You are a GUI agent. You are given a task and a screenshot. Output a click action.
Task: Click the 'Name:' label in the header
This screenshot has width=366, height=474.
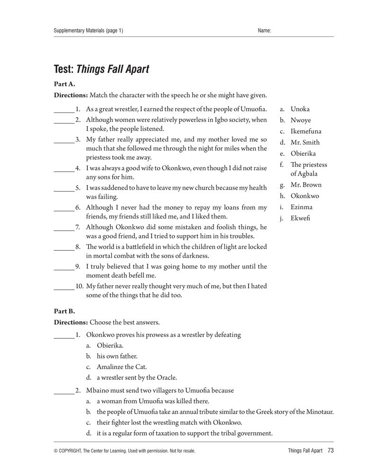[264, 31]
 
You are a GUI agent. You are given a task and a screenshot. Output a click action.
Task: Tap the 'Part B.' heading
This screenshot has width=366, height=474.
[64, 312]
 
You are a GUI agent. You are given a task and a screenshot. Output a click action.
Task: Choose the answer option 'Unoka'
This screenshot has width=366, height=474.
[300, 109]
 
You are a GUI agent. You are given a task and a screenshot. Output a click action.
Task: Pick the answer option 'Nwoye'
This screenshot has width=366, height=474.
[300, 120]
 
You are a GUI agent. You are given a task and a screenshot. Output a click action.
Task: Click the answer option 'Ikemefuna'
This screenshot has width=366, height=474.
[306, 131]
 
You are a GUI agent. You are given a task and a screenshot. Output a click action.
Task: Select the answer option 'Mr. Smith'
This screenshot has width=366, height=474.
[305, 142]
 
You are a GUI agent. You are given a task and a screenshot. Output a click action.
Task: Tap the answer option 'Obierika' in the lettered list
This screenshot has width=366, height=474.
[303, 154]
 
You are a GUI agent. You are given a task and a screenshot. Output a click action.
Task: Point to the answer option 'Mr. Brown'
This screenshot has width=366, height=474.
[306, 185]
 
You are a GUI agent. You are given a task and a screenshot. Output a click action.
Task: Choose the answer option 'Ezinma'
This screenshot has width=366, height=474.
[301, 207]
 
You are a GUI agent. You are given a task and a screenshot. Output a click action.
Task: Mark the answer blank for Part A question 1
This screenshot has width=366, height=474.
[63, 109]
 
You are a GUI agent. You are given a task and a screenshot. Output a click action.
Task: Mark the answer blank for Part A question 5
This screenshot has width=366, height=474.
[63, 188]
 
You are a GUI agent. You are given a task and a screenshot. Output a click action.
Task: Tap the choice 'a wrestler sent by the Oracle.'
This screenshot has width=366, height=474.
[136, 378]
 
